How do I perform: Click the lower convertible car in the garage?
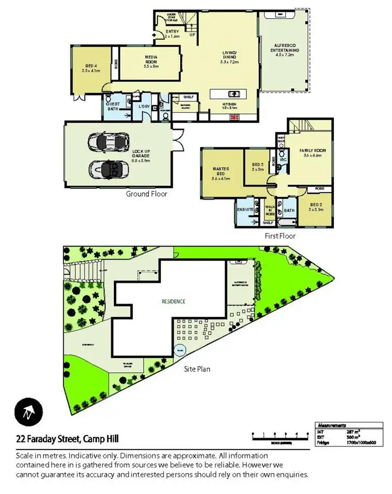click(x=109, y=169)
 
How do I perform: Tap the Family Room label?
click(x=313, y=152)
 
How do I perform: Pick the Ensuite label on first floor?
click(x=245, y=209)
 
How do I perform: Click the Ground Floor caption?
click(x=146, y=194)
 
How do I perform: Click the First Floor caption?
click(x=280, y=236)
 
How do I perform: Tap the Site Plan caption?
click(x=197, y=369)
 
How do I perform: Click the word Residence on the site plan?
click(x=173, y=301)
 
